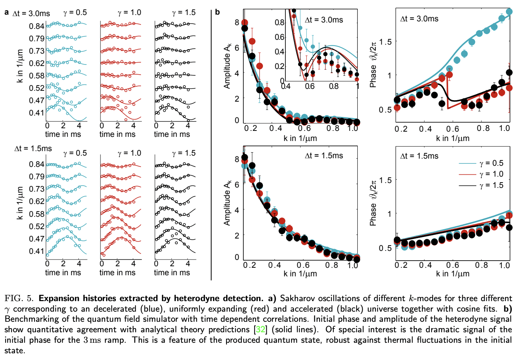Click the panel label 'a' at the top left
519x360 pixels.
click(6, 12)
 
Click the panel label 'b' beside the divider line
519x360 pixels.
click(217, 12)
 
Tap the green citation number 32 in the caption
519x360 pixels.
click(260, 330)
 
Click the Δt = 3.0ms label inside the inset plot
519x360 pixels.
click(324, 20)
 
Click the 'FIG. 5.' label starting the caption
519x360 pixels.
click(19, 298)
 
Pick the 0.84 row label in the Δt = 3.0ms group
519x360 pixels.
click(37, 26)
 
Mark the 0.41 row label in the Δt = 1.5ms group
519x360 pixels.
click(37, 251)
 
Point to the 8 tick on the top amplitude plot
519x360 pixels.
click(237, 22)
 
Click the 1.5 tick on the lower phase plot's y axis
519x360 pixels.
click(385, 180)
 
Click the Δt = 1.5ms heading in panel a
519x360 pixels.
click(33, 148)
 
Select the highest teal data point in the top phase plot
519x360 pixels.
click(509, 12)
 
